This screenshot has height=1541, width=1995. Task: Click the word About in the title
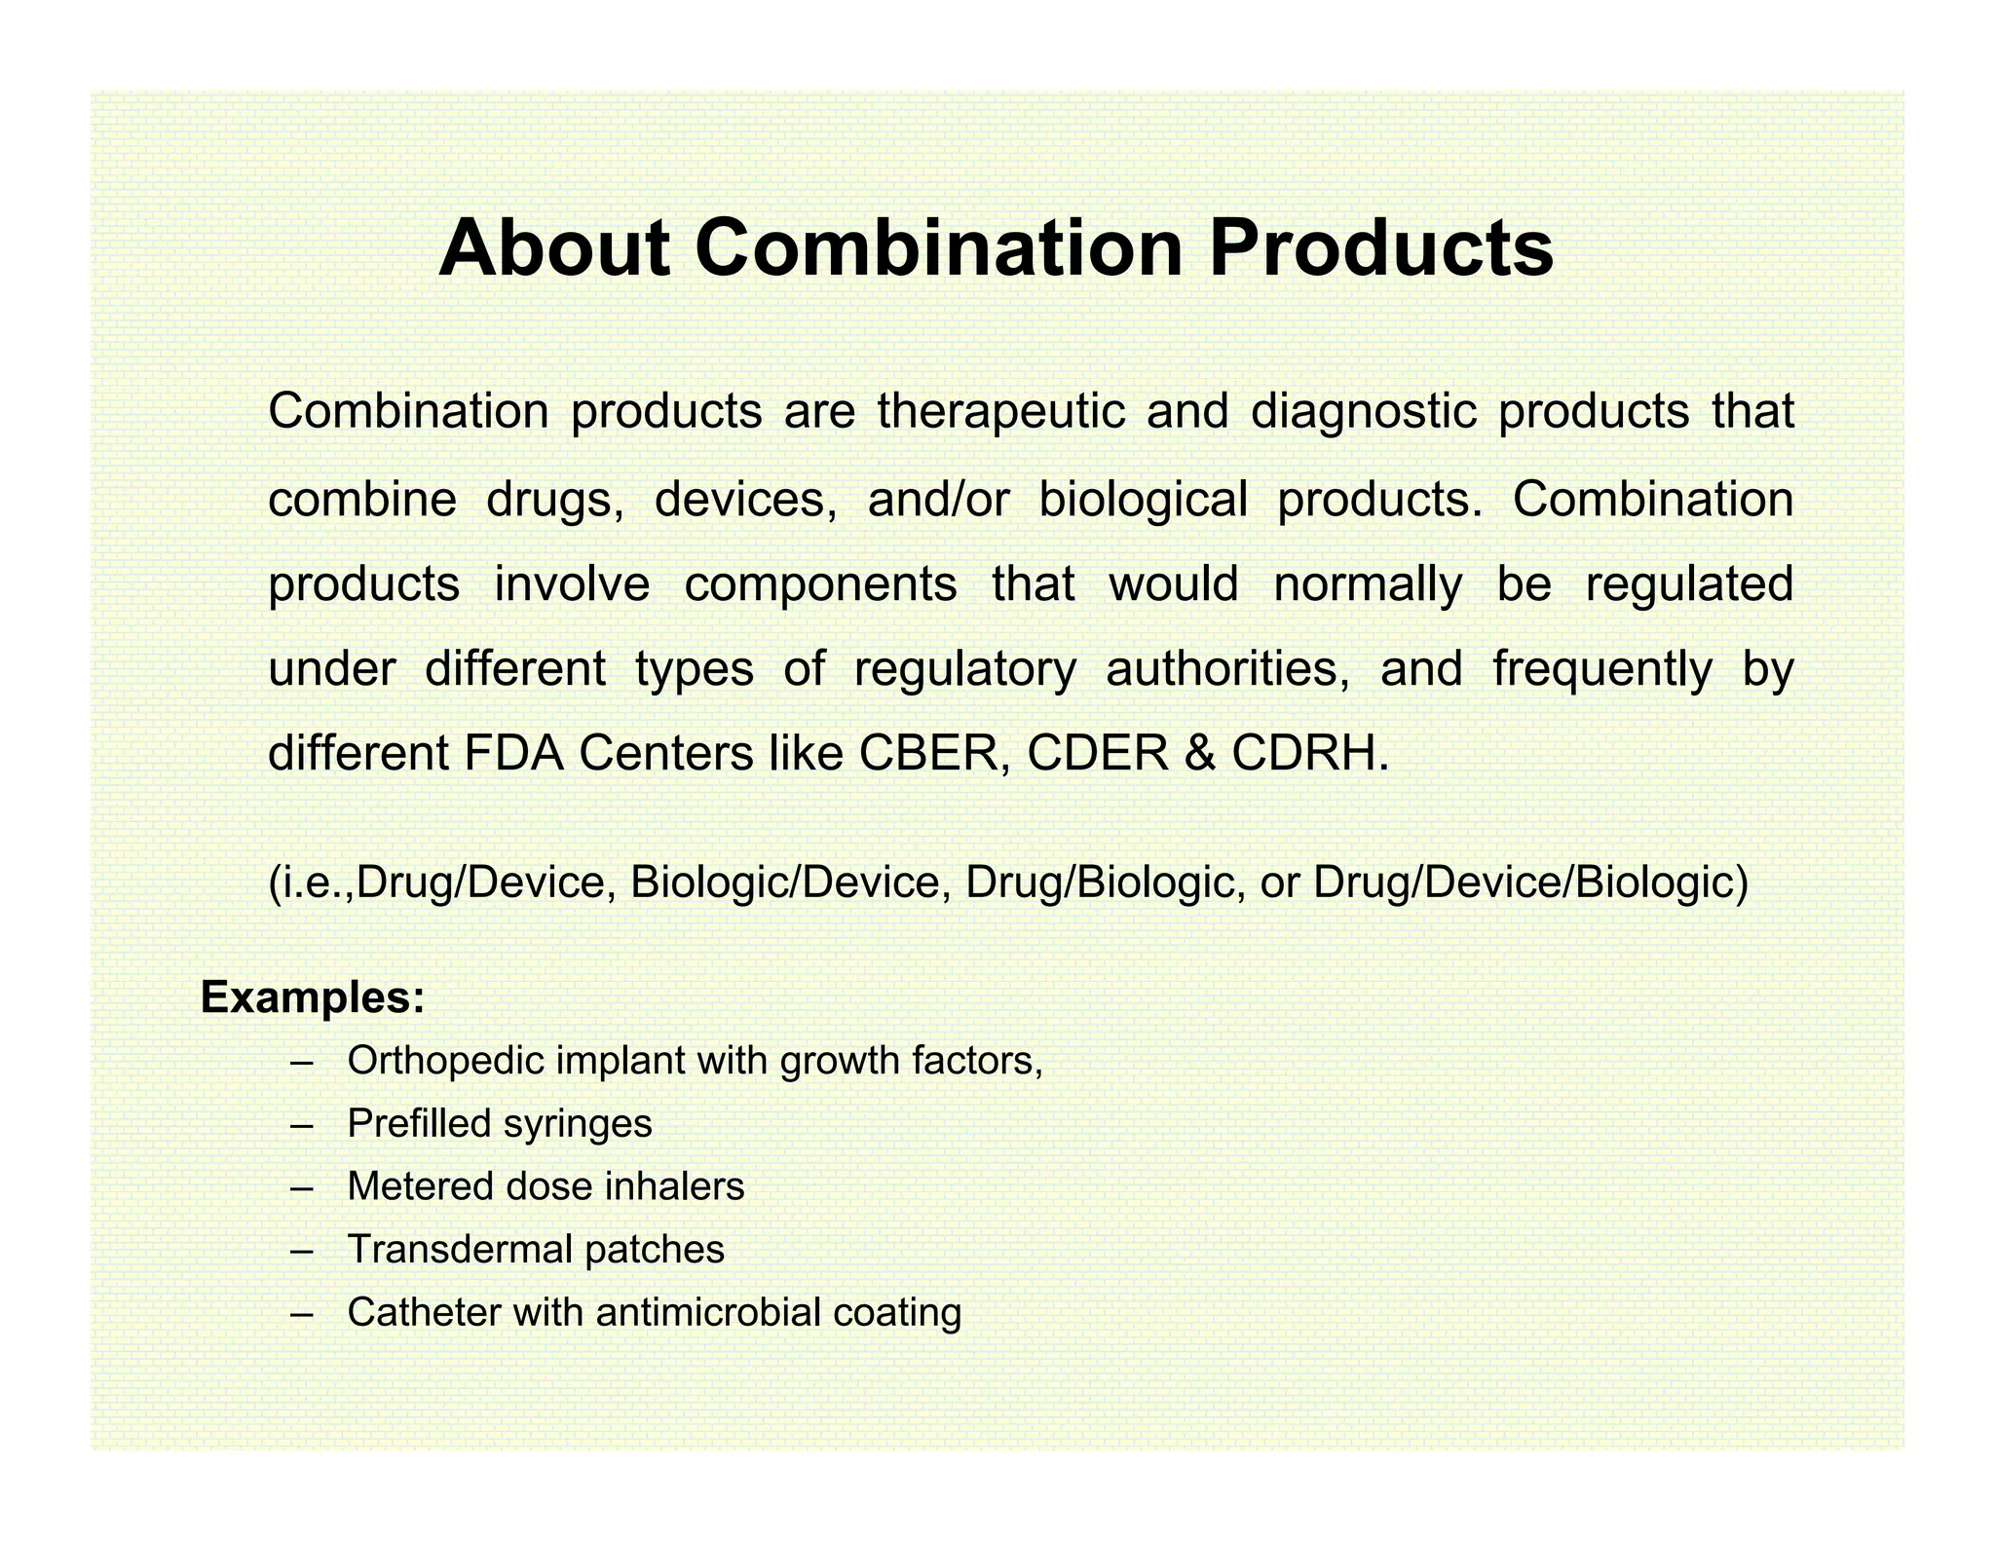(554, 248)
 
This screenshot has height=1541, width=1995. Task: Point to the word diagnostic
(1364, 412)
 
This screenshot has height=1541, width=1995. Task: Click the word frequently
(1601, 670)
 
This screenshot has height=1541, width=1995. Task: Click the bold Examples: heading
(313, 998)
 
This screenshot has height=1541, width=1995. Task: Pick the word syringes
(578, 1124)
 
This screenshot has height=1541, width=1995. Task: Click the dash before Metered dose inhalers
(302, 1187)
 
